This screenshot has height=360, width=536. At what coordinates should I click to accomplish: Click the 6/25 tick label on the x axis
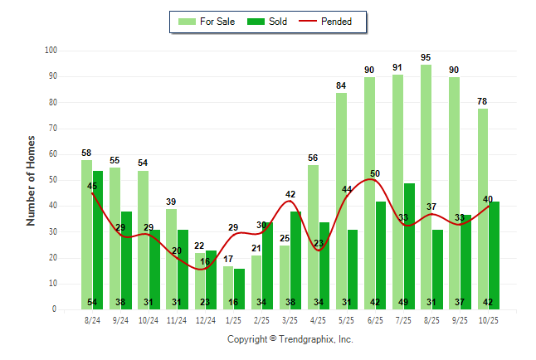click(375, 319)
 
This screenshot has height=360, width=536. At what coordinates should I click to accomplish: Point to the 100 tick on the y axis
click(51, 51)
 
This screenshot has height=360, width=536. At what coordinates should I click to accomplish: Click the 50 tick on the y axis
click(53, 180)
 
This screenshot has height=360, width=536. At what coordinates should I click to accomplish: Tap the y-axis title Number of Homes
click(32, 180)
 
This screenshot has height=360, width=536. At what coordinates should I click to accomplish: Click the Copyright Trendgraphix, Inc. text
click(290, 339)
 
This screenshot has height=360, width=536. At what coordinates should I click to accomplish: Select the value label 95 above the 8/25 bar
click(426, 57)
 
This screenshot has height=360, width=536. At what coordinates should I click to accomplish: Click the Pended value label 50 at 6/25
click(375, 173)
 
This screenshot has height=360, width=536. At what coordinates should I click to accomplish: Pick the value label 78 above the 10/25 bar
click(482, 101)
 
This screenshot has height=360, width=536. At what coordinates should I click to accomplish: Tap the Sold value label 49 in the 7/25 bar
click(409, 302)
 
